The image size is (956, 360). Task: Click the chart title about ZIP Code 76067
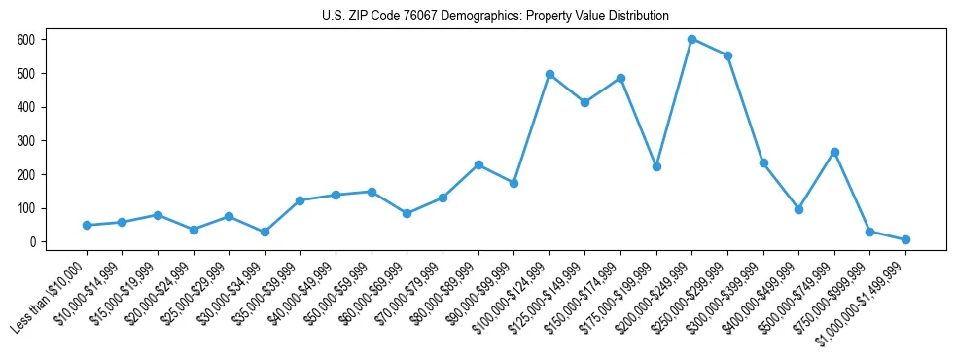[495, 16]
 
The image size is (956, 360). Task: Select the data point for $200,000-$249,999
[691, 39]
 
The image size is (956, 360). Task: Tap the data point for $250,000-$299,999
[727, 55]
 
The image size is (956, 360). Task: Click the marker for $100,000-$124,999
[549, 74]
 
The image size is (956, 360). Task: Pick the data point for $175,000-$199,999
[656, 166]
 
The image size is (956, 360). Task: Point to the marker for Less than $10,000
[87, 225]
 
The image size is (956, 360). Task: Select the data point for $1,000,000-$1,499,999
[905, 239]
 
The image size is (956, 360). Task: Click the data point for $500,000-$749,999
[834, 152]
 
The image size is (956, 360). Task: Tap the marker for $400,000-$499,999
[798, 209]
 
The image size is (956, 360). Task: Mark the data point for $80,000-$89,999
[478, 164]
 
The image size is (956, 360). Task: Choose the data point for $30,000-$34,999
[265, 232]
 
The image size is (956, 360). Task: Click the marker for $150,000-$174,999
[620, 78]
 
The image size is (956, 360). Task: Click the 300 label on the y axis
[26, 141]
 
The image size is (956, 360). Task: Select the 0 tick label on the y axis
[33, 242]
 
